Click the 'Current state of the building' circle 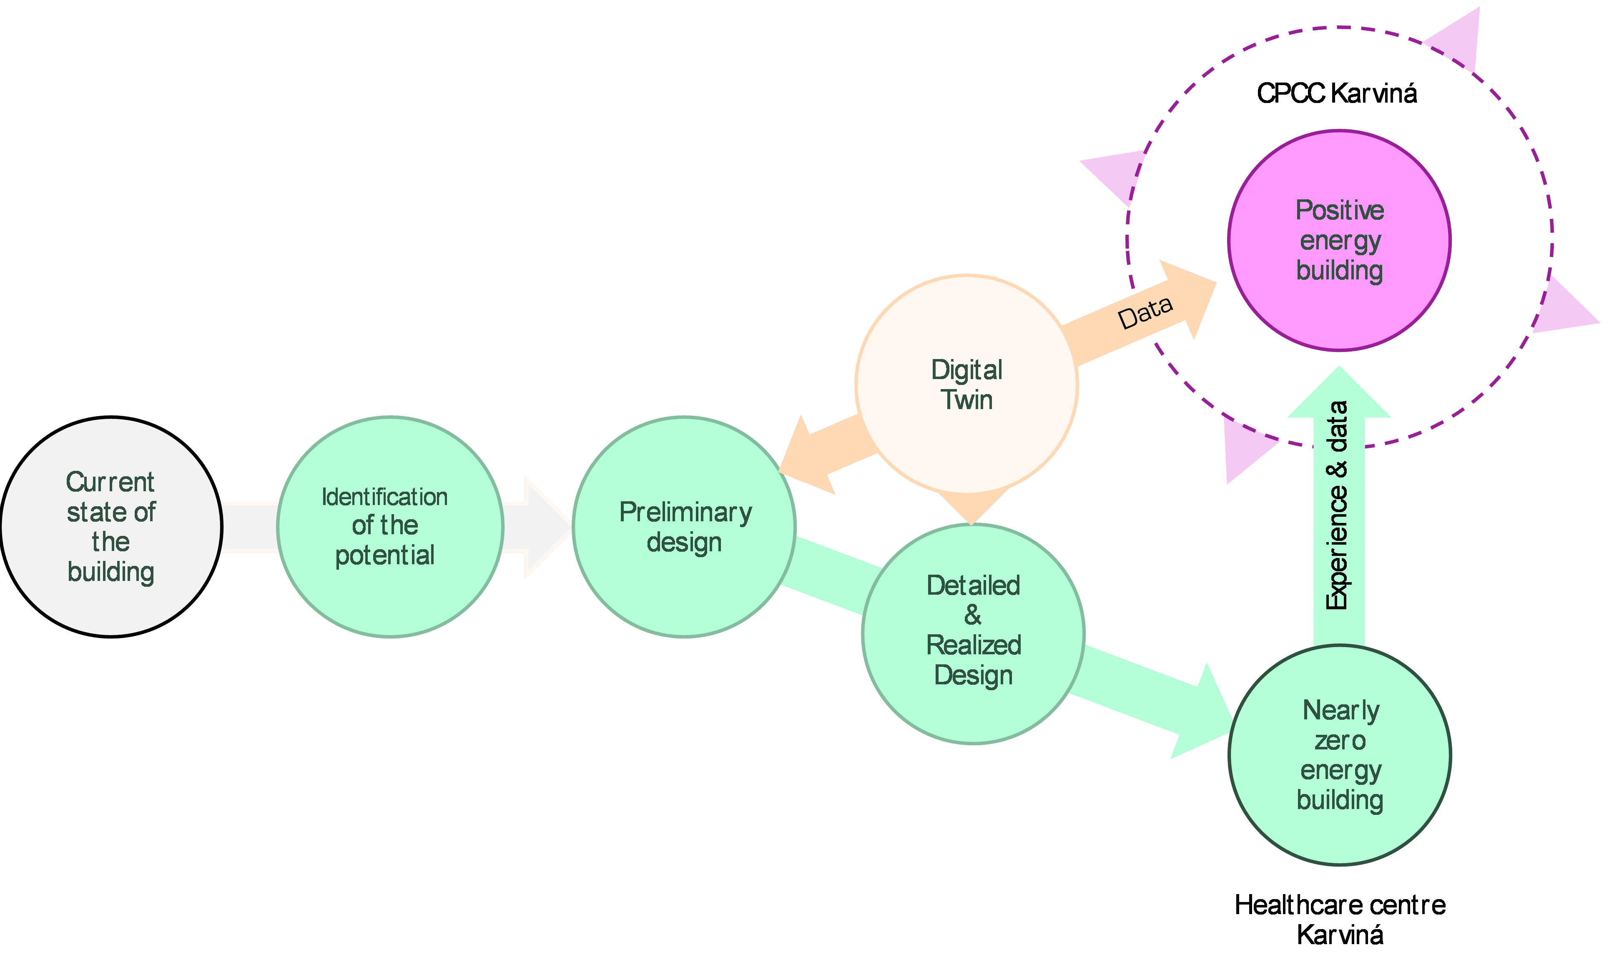pos(111,527)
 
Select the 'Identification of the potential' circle pos(390,527)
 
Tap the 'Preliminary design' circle pos(684,527)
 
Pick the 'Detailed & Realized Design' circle pos(973,634)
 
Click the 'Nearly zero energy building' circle pos(1340,754)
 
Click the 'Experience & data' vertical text pos(1338,505)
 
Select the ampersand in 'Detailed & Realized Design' pos(973,615)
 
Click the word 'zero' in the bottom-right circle pos(1340,741)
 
